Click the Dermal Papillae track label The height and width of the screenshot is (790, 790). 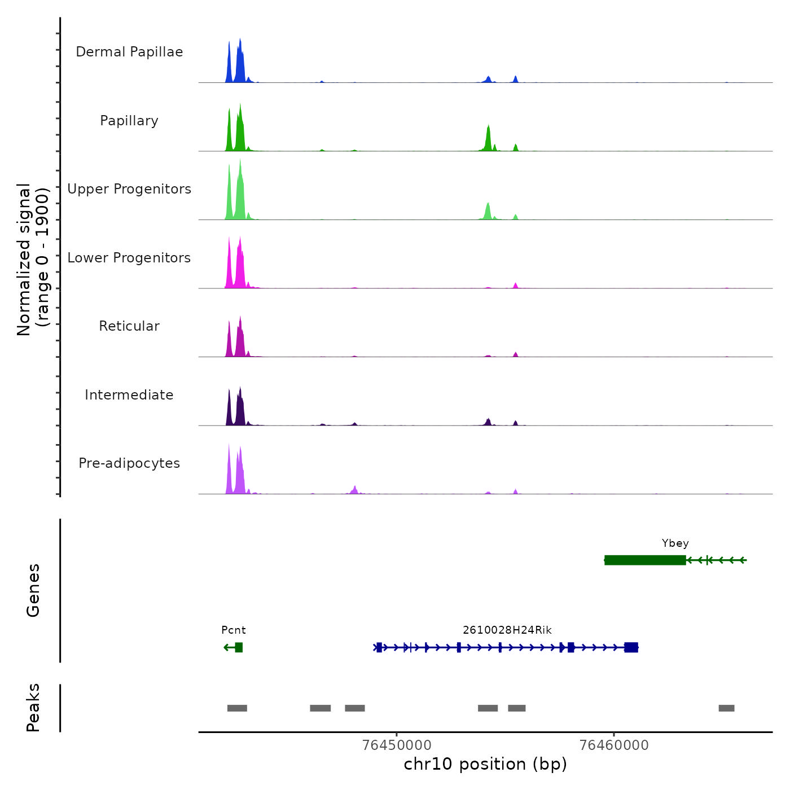(x=129, y=52)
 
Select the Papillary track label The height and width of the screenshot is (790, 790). (x=129, y=121)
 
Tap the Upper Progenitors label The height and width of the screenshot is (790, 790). (x=129, y=189)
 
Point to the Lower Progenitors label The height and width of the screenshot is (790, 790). (x=129, y=258)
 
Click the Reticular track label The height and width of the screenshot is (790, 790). (x=129, y=326)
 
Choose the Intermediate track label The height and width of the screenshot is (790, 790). (x=129, y=395)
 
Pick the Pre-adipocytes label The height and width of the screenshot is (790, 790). (x=129, y=463)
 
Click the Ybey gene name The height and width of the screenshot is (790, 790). (x=675, y=543)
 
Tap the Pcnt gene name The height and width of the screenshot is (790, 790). (x=233, y=630)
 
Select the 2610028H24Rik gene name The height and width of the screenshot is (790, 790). (x=507, y=630)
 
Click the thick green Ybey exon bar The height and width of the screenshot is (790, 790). (x=645, y=560)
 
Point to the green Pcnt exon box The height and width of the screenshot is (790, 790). (x=239, y=647)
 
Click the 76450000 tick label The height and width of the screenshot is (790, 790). (x=397, y=745)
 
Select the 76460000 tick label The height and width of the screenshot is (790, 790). (x=614, y=745)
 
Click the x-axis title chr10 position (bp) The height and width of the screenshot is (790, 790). (x=485, y=764)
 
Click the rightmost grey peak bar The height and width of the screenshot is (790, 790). (x=726, y=708)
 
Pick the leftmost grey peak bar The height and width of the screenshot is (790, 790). (x=237, y=708)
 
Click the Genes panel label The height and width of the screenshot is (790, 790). (x=33, y=590)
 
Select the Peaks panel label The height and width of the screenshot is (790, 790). (x=33, y=708)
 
